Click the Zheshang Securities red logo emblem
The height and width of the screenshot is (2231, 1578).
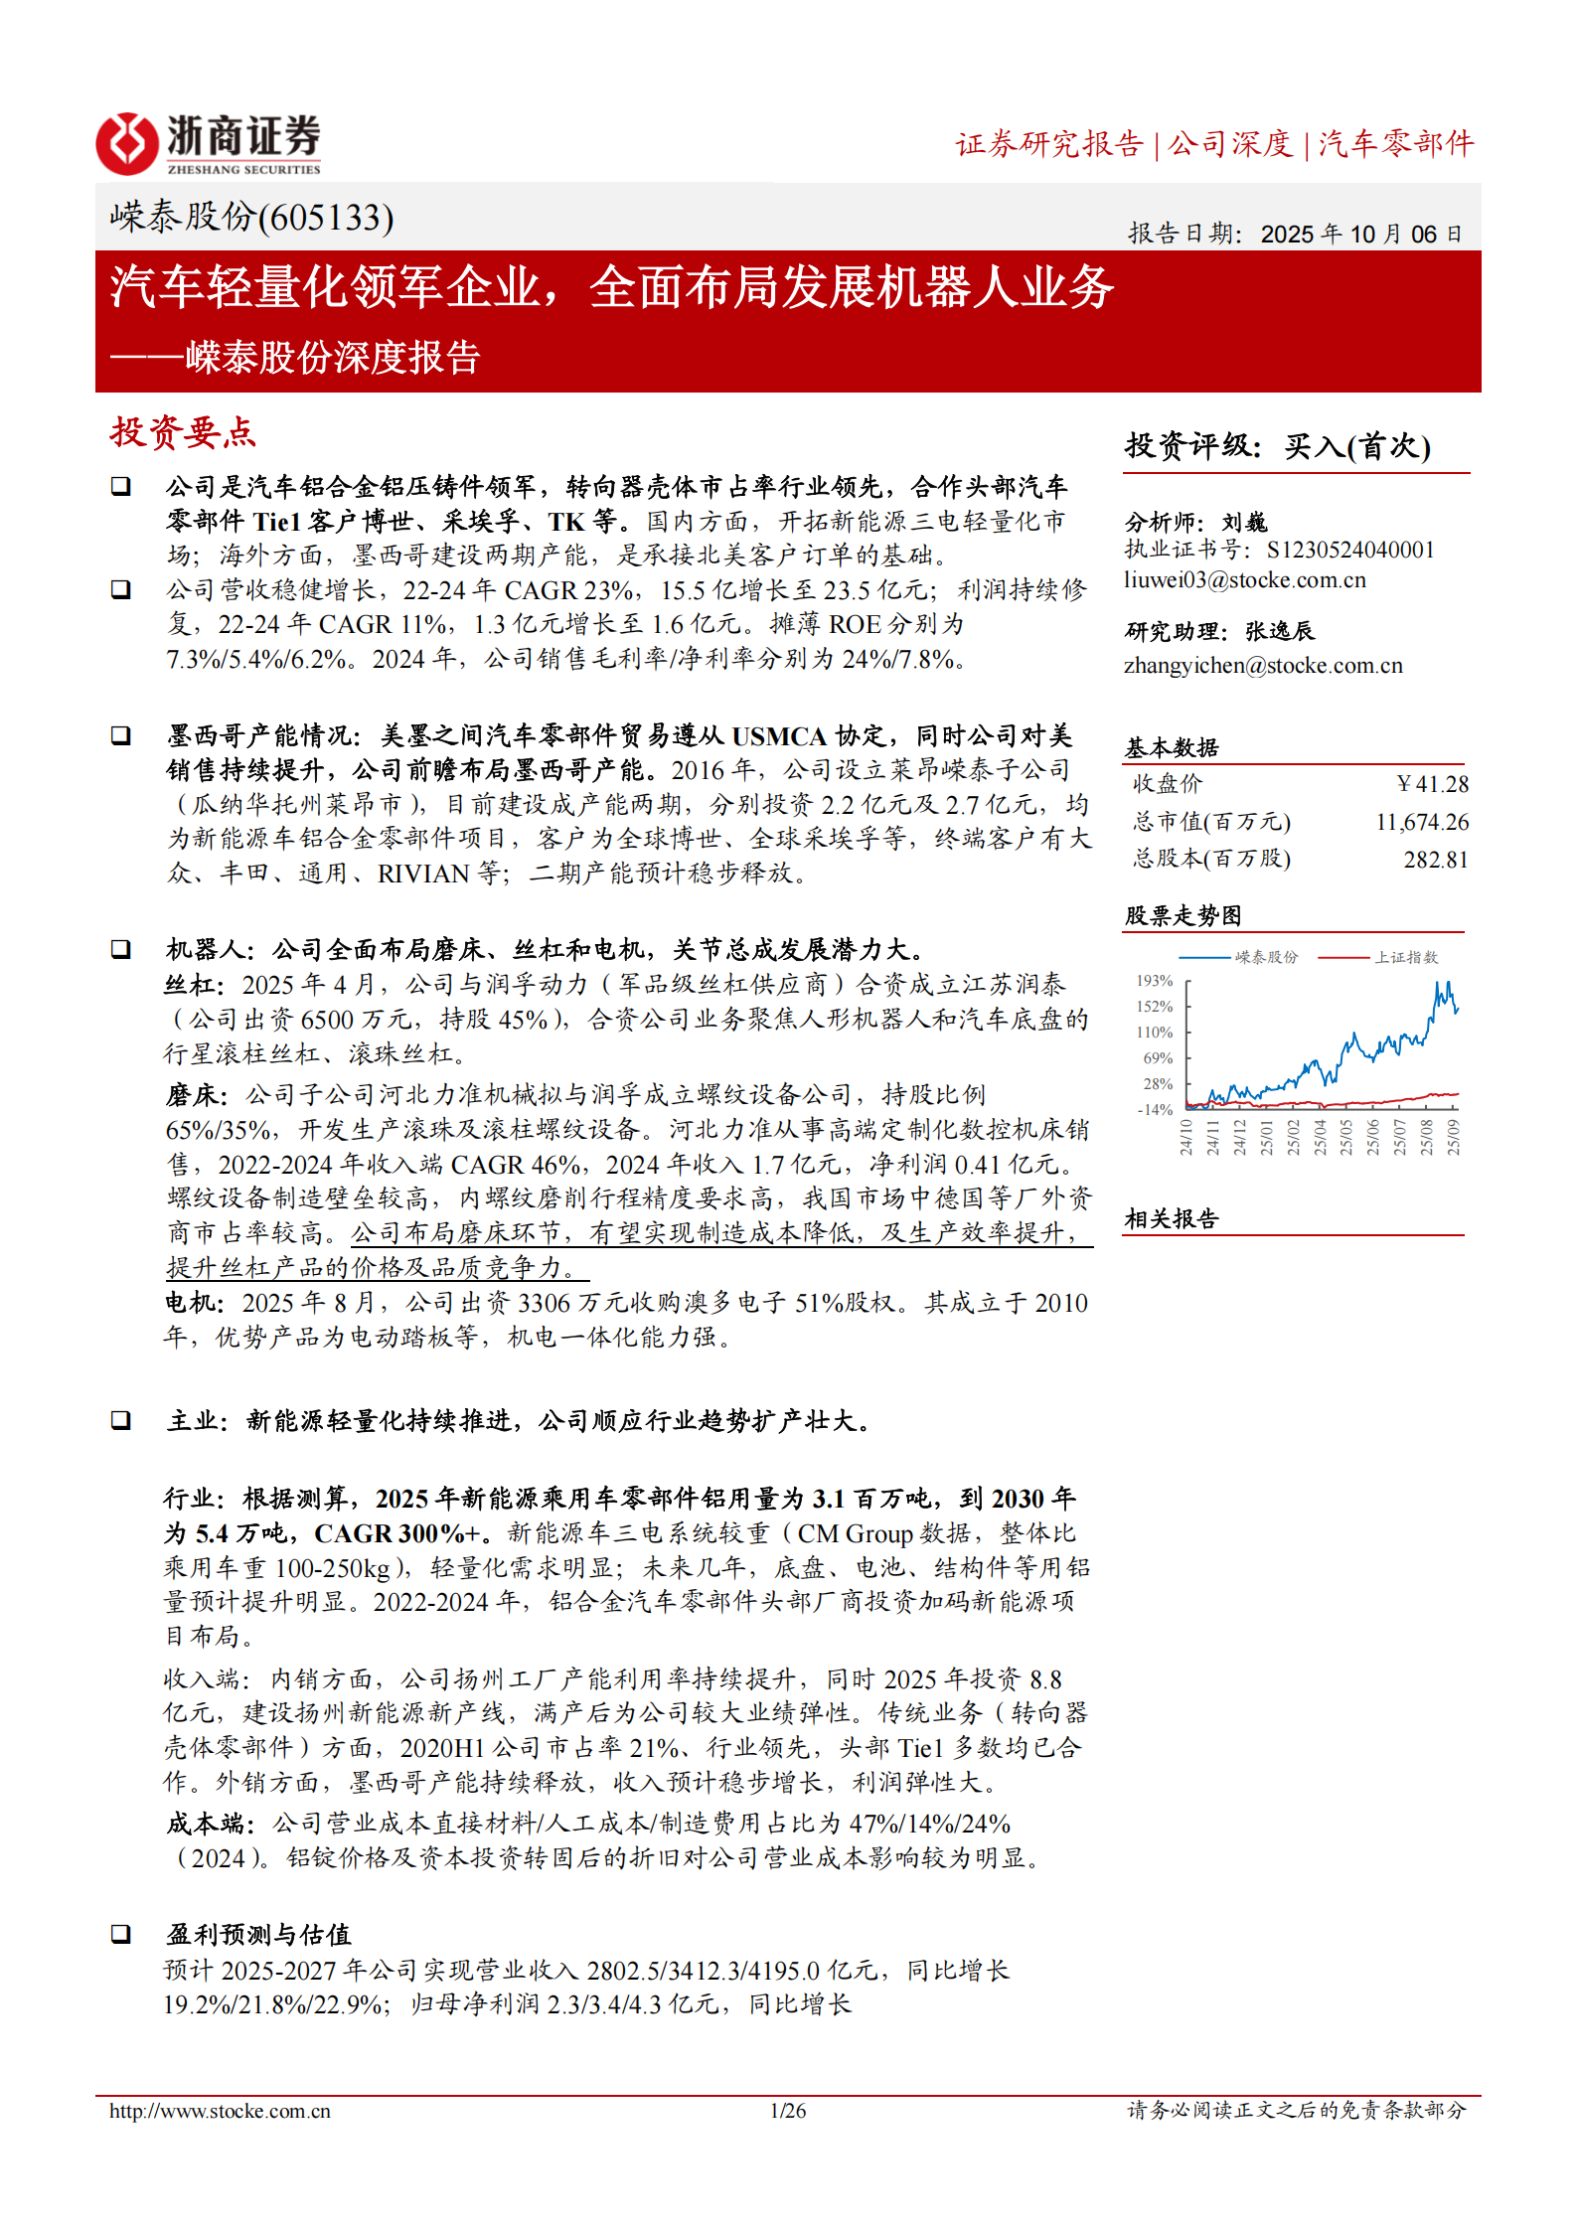pos(126,143)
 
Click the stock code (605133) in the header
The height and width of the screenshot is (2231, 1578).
pos(326,217)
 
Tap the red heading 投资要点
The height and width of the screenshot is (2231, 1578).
pos(183,433)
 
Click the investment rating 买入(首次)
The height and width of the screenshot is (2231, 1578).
pos(1356,446)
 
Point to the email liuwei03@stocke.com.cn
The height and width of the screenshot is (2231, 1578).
pos(1244,580)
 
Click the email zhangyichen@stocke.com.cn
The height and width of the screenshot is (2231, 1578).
pos(1263,666)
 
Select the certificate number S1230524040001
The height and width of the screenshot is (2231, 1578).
pos(1350,551)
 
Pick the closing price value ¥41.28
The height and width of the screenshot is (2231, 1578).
pos(1432,784)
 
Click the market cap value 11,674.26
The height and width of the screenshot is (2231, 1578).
pos(1422,822)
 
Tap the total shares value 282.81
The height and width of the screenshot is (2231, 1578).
pos(1436,860)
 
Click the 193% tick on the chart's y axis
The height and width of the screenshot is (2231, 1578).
pos(1155,981)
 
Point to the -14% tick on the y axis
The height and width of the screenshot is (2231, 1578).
pos(1155,1110)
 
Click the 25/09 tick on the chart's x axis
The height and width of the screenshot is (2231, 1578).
pos(1453,1137)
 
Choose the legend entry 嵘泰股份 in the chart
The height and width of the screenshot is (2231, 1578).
pos(1266,957)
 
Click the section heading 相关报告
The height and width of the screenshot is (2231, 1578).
pos(1172,1219)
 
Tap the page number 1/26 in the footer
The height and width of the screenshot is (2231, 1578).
pos(788,2111)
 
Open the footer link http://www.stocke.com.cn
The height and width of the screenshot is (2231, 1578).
pos(220,2111)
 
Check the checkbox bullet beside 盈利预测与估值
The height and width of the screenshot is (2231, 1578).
pos(120,1934)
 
